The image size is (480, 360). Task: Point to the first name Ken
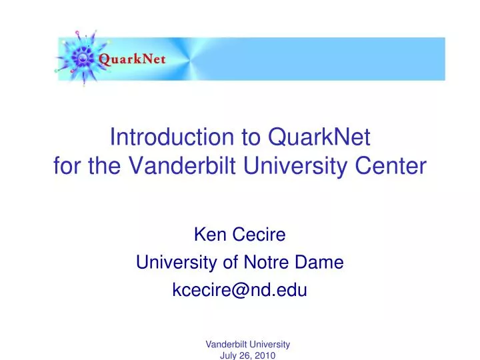[208, 234]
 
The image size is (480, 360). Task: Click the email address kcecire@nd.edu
[239, 291]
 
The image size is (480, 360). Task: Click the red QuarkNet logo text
[132, 59]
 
